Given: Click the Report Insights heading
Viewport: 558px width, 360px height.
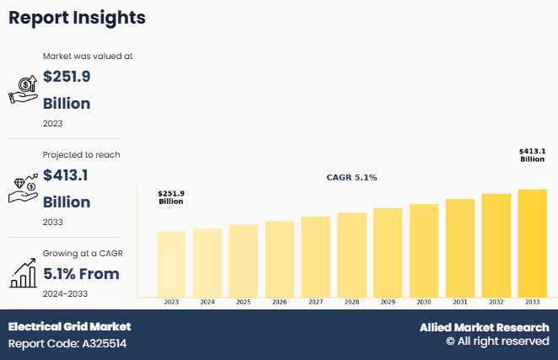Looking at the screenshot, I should tap(78, 18).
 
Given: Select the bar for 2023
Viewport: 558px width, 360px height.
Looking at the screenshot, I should tap(171, 264).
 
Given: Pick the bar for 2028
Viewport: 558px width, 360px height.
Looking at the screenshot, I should tap(351, 255).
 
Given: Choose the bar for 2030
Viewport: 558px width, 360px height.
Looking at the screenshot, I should tap(424, 250).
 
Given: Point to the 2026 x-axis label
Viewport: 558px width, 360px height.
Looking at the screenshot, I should tap(280, 302).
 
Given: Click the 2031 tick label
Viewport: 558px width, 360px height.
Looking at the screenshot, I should tap(460, 302).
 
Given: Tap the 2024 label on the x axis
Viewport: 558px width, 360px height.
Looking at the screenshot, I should tap(207, 302).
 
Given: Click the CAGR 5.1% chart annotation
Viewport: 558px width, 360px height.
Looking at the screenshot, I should tap(351, 178).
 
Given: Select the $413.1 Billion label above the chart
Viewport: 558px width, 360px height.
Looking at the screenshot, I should tap(532, 155).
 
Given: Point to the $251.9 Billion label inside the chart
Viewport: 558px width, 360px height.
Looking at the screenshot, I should tap(171, 197).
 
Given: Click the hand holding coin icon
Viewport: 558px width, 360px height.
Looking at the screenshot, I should tap(23, 88).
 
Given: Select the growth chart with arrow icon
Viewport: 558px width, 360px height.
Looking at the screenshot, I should tap(23, 273).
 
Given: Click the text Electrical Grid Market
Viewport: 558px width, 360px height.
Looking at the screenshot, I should tap(70, 326).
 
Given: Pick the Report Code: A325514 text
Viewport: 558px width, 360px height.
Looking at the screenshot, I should tap(67, 343).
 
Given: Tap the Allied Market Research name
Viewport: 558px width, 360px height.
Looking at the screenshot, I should tap(485, 327).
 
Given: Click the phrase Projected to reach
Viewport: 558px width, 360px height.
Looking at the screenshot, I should tap(81, 154).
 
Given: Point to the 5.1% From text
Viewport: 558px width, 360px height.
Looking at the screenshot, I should tap(81, 273).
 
